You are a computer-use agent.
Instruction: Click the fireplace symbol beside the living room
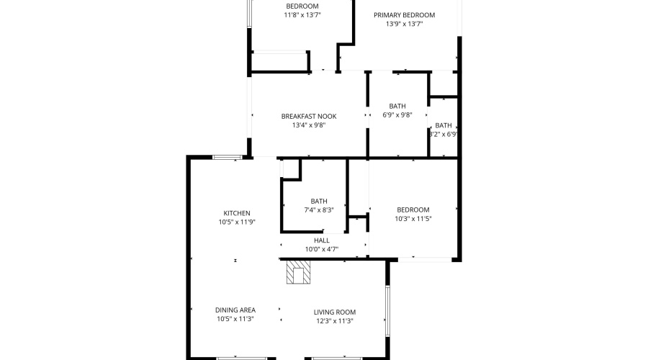298,273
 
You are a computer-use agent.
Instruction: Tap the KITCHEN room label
237,213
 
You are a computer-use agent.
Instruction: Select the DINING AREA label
235,310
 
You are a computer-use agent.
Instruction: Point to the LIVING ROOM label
335,312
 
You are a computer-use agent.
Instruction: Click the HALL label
321,240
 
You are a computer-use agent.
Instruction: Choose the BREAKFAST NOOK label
308,116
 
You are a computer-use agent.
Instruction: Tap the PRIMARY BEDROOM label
404,15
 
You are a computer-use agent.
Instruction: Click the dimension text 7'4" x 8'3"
319,210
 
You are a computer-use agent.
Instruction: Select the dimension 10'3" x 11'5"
413,219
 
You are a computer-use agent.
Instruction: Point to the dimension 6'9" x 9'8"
397,114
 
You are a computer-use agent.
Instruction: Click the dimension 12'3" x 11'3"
335,321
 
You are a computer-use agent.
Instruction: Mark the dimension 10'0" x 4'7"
321,249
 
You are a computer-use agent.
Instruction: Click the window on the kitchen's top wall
228,157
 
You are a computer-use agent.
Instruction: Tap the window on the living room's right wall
388,312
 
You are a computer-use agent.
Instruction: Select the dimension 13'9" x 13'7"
404,24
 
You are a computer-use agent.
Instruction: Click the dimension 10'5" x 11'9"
237,222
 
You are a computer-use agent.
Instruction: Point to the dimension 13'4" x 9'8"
308,125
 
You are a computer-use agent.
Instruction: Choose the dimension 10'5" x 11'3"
235,319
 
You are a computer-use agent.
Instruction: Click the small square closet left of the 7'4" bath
290,168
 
